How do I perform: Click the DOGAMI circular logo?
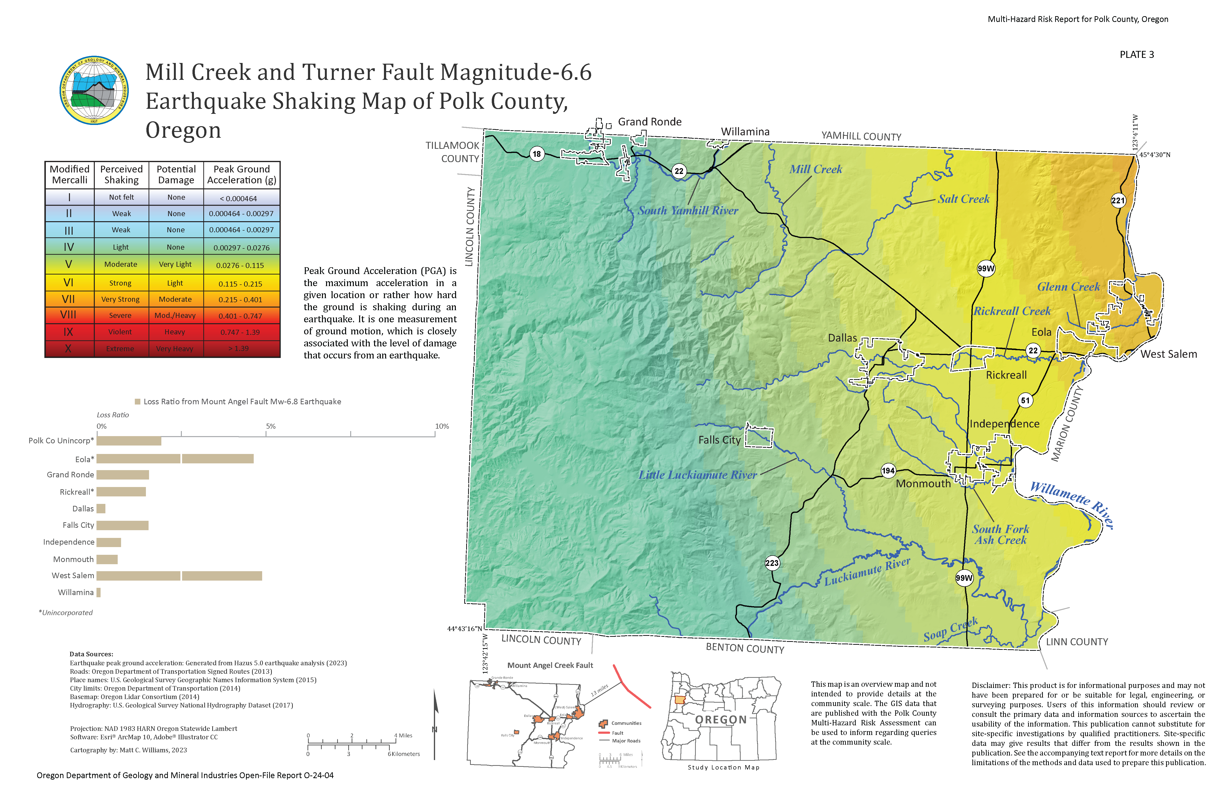[x=94, y=90]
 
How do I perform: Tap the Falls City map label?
[x=719, y=440]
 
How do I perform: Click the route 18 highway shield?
[x=537, y=153]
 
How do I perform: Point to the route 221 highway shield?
[x=1118, y=200]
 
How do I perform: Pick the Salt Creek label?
[x=963, y=199]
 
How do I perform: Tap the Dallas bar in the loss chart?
[x=101, y=509]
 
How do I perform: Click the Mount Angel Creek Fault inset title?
[x=550, y=665]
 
